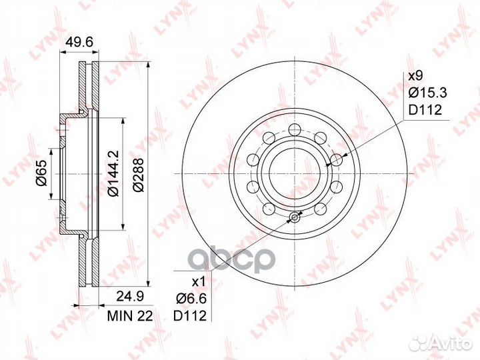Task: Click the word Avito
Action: (x=454, y=343)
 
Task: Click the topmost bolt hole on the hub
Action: (x=294, y=128)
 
